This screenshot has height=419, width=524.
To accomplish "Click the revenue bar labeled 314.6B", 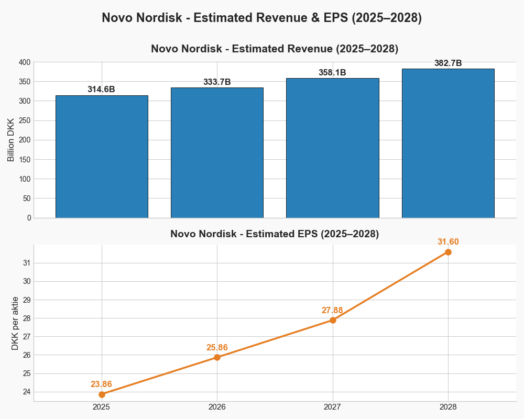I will point(102,157).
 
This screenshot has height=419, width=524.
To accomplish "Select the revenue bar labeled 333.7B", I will point(217,152).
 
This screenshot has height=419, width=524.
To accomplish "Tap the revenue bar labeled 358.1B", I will point(332,148).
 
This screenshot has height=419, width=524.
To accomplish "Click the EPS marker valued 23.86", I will point(102,394).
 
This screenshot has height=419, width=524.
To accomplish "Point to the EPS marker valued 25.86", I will point(217,357).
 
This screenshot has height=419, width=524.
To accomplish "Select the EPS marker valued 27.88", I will point(332,320).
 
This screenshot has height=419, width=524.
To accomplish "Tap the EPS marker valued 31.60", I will point(448,252).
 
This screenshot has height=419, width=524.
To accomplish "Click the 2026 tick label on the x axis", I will point(217,406).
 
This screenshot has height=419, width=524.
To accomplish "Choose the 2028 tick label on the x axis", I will point(448,406).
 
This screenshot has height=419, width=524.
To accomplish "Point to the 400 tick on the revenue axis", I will point(25,62).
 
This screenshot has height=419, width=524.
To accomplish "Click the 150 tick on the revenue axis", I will point(25,160).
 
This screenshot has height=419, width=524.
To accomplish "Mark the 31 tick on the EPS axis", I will point(27,263).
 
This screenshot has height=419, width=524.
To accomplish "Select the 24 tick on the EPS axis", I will point(27,392).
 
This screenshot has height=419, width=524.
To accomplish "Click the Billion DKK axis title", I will point(11,140).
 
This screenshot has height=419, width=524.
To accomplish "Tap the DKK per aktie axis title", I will point(15,323).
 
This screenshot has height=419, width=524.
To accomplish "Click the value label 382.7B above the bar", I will point(448,63).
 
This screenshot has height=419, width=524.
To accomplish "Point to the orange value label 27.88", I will point(332,310).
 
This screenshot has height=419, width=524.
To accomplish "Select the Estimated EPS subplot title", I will point(275,234).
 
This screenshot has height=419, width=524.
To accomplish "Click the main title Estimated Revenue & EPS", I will point(262,17).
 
